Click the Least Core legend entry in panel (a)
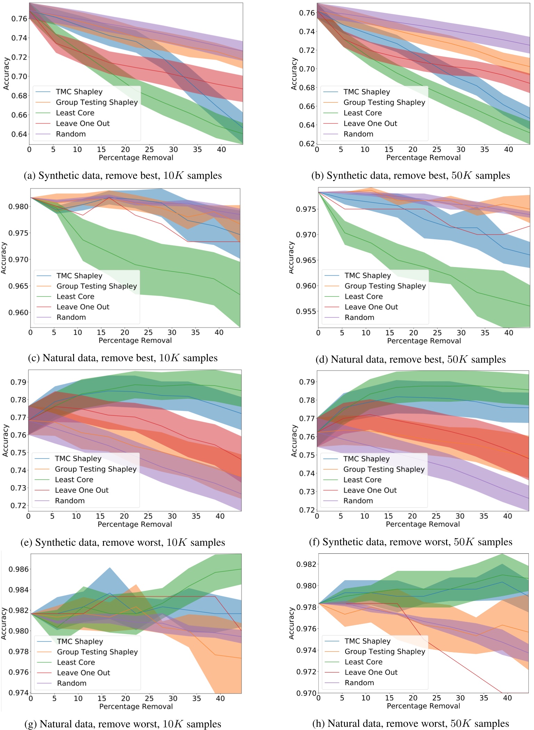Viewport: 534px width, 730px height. click(x=75, y=113)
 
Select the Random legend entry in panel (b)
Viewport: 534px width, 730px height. click(x=358, y=134)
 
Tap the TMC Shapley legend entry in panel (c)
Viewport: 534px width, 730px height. click(x=79, y=276)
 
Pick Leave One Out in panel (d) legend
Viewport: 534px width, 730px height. click(x=371, y=307)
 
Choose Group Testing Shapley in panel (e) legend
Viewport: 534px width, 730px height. click(x=96, y=469)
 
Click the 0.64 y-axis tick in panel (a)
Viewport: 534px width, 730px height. click(x=19, y=134)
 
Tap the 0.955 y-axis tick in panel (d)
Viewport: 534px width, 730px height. click(x=306, y=311)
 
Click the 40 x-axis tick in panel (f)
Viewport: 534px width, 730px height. click(x=508, y=516)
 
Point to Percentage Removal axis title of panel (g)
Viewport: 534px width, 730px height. click(x=136, y=706)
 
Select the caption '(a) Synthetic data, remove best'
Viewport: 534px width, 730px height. click(x=122, y=176)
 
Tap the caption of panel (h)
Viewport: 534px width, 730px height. click(x=410, y=723)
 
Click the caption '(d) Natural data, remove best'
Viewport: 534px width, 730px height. click(x=410, y=359)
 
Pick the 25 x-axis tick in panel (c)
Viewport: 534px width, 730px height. click(x=148, y=332)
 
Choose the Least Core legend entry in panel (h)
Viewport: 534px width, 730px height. click(x=363, y=662)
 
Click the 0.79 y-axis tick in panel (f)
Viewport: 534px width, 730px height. click(x=307, y=382)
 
